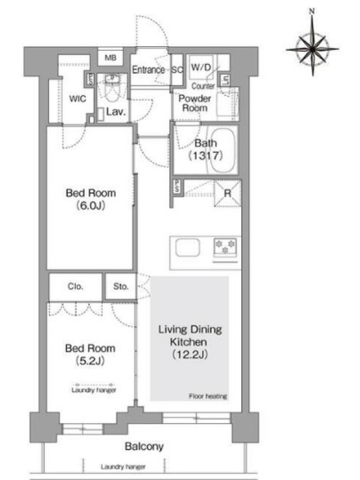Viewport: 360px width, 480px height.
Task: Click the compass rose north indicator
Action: [x=311, y=11]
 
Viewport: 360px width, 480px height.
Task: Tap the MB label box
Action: [x=110, y=57]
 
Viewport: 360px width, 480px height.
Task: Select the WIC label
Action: [x=77, y=98]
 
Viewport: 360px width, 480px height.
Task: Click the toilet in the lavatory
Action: [x=112, y=88]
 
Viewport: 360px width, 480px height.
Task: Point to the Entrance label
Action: [x=148, y=70]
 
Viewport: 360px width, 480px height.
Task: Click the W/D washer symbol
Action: [x=201, y=67]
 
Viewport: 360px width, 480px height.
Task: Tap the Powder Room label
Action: [x=194, y=103]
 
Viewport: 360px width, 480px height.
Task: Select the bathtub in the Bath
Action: [x=223, y=150]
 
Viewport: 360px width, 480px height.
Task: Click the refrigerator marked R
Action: [x=227, y=193]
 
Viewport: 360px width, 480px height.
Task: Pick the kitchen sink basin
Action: [x=188, y=247]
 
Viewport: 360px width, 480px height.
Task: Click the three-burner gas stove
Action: [x=226, y=247]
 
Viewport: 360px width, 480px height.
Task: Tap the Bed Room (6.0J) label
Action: [x=91, y=199]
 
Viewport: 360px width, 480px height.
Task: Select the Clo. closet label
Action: [x=76, y=286]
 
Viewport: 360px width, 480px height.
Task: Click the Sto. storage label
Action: [x=121, y=286]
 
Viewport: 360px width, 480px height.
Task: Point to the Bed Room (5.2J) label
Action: [x=91, y=355]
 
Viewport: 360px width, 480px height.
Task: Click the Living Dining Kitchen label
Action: [x=190, y=341]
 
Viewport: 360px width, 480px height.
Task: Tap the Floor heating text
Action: [x=208, y=396]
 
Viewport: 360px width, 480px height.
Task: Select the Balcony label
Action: [x=144, y=446]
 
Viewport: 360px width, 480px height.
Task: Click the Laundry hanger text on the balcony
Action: [x=123, y=467]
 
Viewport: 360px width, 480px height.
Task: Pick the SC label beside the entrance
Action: [x=177, y=70]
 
